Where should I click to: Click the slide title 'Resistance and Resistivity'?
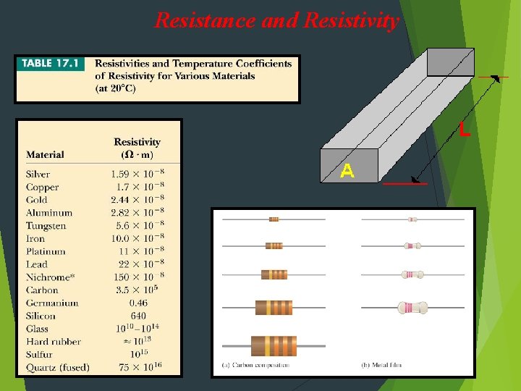click(276, 20)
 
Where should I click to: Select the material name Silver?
click(38, 175)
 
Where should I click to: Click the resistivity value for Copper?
click(137, 188)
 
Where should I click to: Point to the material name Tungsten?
click(46, 226)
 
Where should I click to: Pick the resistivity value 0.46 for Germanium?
click(137, 303)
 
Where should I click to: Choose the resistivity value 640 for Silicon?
click(137, 316)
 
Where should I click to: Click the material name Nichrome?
click(48, 277)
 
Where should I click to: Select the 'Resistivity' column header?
click(137, 143)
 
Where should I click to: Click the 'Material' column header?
click(45, 155)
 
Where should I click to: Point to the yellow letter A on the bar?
click(347, 172)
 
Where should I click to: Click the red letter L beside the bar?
click(464, 131)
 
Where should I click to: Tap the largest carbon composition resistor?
click(274, 345)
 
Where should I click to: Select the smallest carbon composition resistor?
click(274, 219)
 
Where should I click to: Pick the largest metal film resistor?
click(412, 308)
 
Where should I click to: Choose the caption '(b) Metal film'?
click(383, 365)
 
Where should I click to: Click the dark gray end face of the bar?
click(450, 62)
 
